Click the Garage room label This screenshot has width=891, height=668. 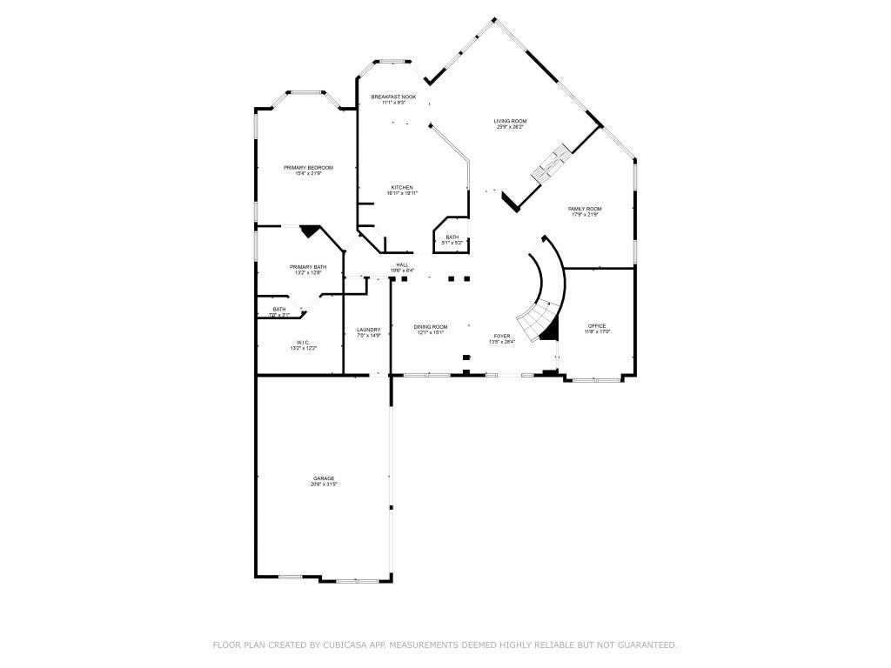324,478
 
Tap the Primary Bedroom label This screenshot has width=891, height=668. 308,168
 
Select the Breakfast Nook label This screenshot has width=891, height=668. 393,97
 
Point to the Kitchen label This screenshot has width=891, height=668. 402,188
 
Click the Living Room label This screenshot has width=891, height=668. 510,122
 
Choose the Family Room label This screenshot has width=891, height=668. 585,209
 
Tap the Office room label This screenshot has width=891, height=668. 597,326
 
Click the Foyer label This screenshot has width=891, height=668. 502,336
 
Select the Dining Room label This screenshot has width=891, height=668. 431,326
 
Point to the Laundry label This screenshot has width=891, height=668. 368,330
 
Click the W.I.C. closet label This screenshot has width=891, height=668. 303,343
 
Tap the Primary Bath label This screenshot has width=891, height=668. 308,267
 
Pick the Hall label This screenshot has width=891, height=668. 402,265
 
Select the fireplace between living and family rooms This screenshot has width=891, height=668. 550,164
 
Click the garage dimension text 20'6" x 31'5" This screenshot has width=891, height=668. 324,484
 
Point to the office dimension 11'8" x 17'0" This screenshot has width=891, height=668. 597,332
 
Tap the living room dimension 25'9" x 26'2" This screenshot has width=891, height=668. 510,128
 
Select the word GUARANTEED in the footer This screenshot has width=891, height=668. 646,645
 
